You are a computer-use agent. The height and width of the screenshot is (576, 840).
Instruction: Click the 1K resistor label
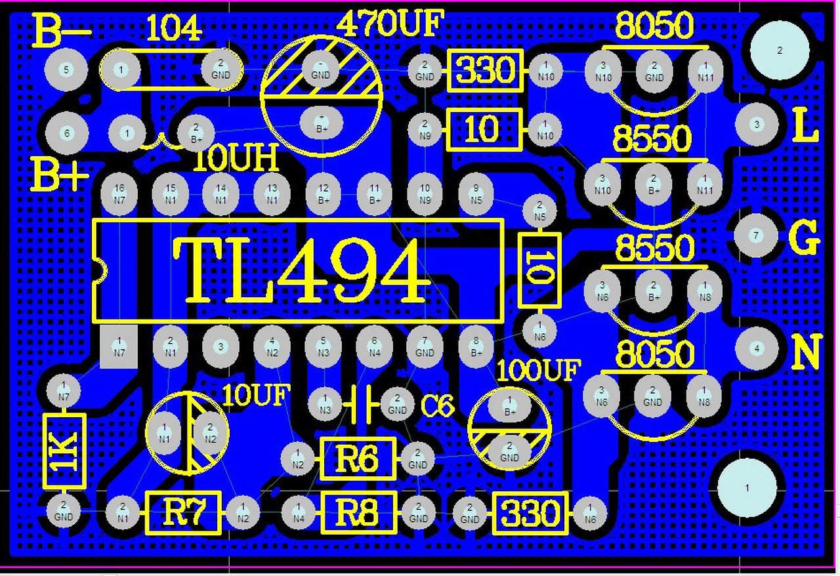(65, 451)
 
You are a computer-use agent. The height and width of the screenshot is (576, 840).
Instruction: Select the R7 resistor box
(183, 512)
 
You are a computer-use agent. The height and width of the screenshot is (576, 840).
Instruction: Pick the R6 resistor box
(358, 459)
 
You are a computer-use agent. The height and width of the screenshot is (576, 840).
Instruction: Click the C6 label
(437, 407)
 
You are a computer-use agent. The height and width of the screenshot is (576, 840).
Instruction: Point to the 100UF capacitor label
(538, 371)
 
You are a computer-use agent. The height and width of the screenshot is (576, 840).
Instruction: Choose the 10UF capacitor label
(256, 395)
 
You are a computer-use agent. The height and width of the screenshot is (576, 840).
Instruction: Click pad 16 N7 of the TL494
(119, 194)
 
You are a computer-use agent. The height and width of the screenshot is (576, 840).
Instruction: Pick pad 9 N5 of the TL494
(476, 194)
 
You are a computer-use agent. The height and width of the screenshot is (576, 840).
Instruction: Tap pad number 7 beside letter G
(756, 235)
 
